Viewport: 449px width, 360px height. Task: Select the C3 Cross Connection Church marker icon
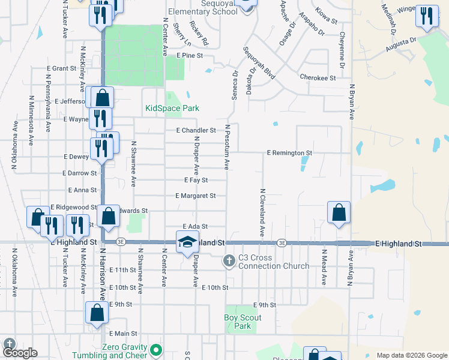coord(229,261)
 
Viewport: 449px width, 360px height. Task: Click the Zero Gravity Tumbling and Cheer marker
coord(156,349)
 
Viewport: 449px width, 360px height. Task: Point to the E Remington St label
coord(289,153)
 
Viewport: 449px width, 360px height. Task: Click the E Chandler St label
coord(196,130)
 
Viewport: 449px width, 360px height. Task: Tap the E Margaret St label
coord(195,196)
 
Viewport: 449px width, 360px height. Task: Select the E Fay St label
coord(196,180)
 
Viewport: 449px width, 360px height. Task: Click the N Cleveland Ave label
coord(262,212)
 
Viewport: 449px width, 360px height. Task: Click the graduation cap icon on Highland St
coord(187,241)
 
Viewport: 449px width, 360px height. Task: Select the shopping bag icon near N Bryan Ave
coord(339,212)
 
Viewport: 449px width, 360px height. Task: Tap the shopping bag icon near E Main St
coord(97,313)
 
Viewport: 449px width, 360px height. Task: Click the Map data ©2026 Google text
coord(412,355)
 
